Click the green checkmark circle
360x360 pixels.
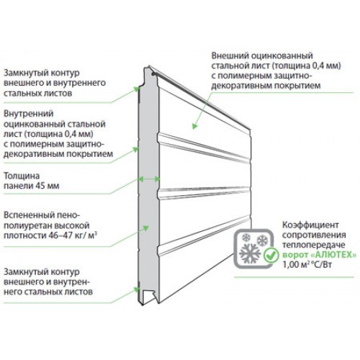coord(271,256)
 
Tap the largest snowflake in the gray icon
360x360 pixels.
coord(250,253)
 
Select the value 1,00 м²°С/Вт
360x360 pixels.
coord(307,265)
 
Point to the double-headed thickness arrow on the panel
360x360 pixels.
coord(149,179)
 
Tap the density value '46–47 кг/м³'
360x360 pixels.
coord(72,235)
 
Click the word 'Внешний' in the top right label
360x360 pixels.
coord(230,55)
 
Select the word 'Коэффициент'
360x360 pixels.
coord(310,225)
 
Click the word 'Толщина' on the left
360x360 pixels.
coord(22,176)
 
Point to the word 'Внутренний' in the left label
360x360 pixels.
coord(28,114)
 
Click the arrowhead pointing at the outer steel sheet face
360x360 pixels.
coord(194,126)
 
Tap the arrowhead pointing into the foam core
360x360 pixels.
coord(146,228)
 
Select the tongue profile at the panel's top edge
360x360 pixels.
coord(148,71)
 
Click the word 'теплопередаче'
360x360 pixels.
coord(314,245)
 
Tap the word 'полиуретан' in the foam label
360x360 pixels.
coord(27,225)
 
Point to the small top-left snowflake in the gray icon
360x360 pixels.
coord(246,238)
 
